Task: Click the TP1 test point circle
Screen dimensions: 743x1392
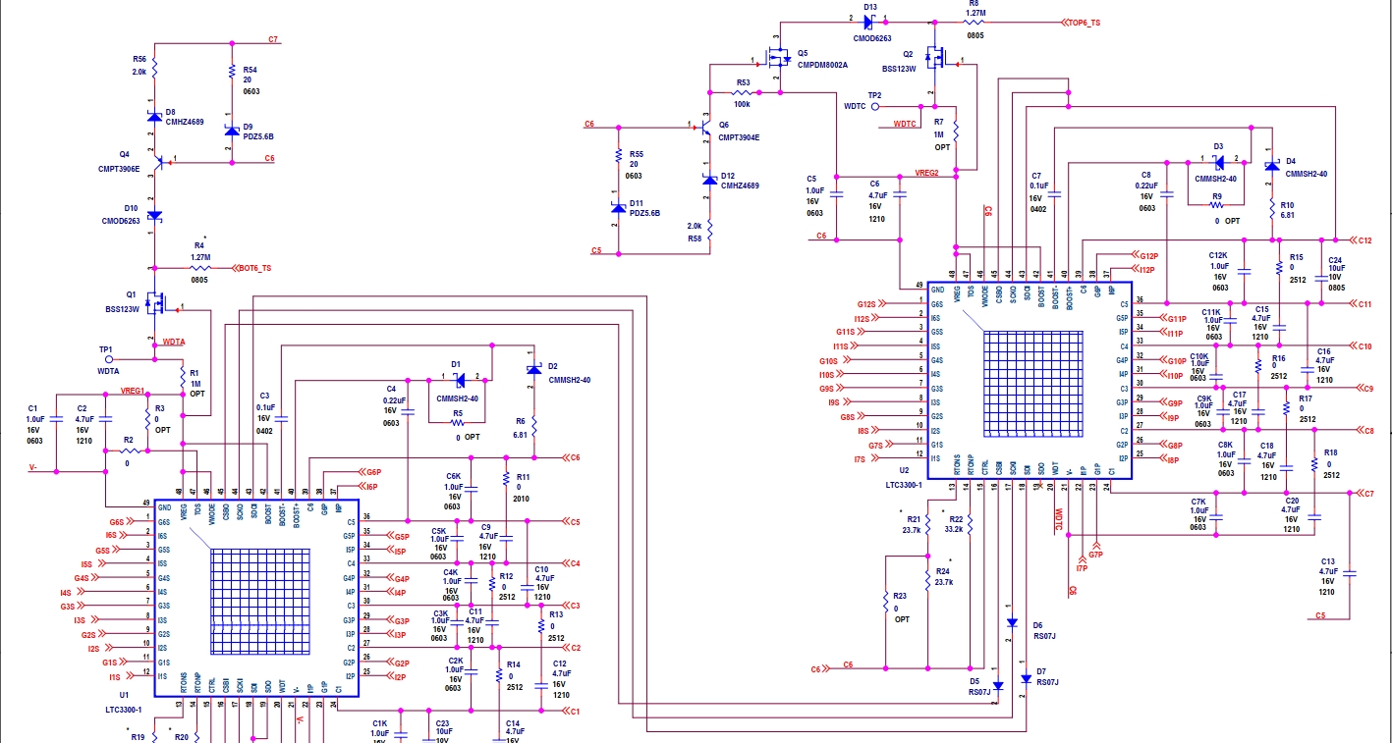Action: coord(108,359)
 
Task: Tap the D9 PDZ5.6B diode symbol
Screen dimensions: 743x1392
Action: coord(232,131)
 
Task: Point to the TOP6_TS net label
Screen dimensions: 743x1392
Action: coord(1083,22)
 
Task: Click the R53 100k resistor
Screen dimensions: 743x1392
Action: coord(743,93)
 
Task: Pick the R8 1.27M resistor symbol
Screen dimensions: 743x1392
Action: coord(974,21)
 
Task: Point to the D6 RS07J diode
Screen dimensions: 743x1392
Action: coord(1012,622)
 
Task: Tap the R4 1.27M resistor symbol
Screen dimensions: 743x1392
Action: coord(199,267)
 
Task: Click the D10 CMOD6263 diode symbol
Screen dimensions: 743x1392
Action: coord(154,215)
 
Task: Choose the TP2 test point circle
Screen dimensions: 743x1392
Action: coord(875,106)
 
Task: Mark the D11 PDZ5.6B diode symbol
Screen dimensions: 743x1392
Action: coord(618,207)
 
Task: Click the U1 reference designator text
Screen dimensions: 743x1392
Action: coord(124,694)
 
